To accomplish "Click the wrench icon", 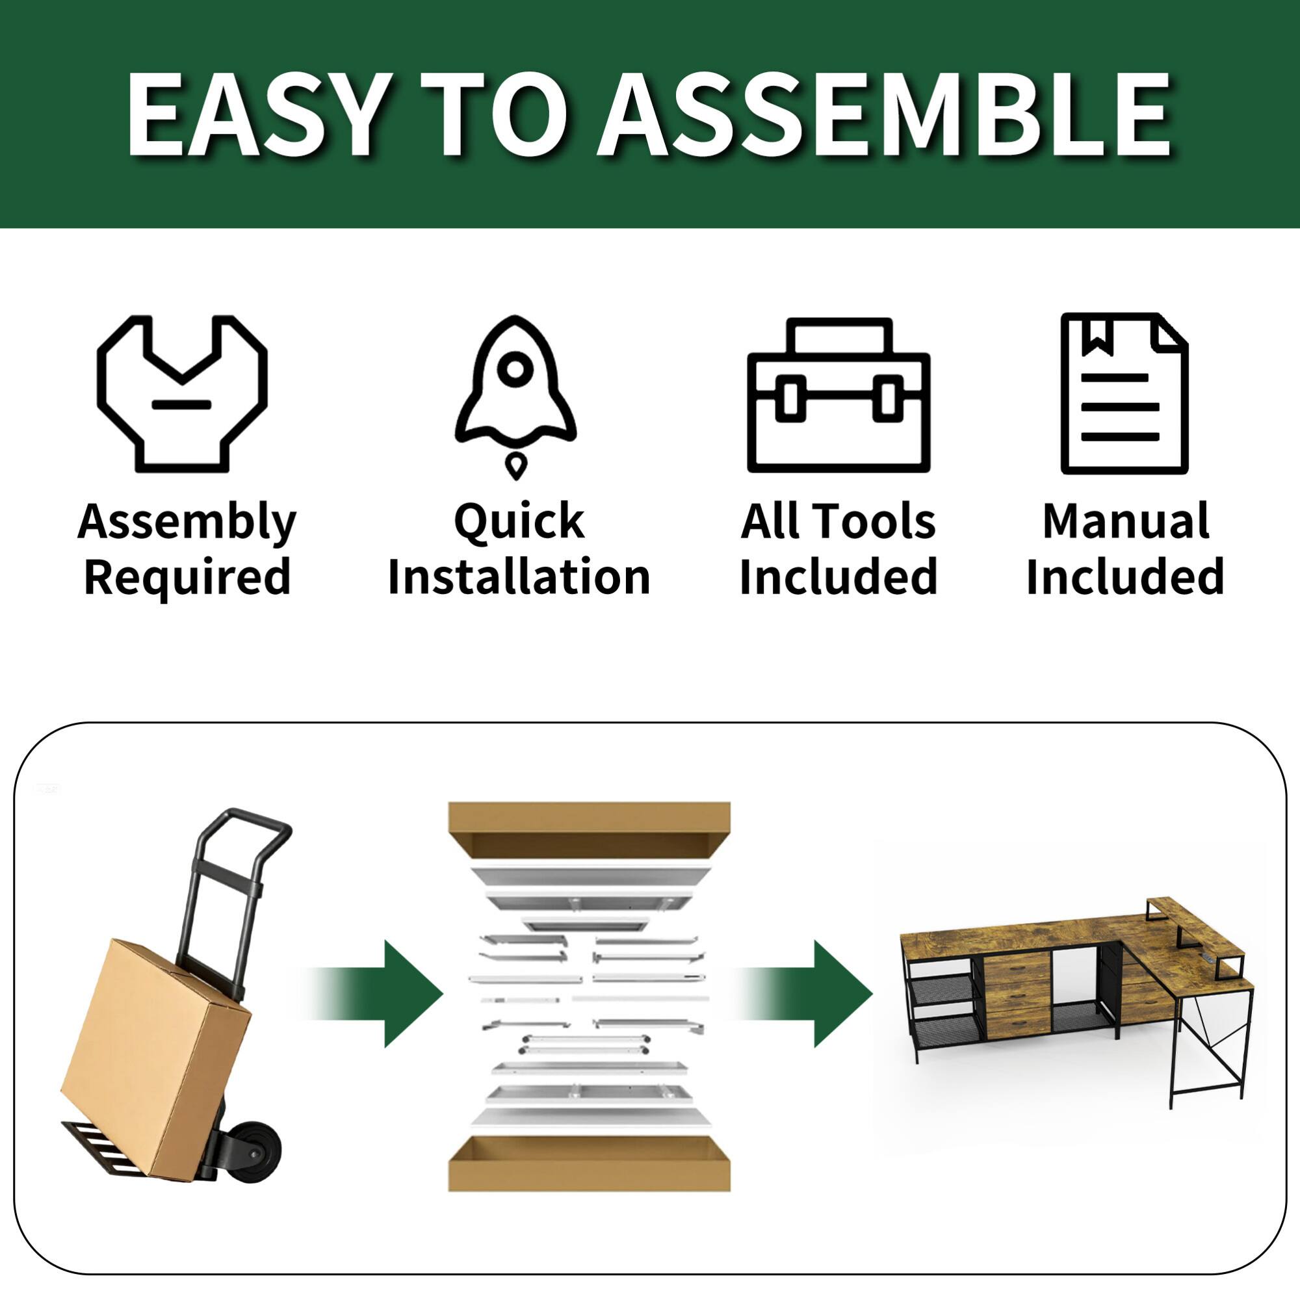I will point(182,394).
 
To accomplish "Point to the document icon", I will point(1124,394).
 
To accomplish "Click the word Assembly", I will point(187,522).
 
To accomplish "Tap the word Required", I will point(187,577).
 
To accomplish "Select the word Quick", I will point(519,522).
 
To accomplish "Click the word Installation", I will point(519,577).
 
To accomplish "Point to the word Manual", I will point(1125,521).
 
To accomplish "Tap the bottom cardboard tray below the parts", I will point(589,1164).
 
